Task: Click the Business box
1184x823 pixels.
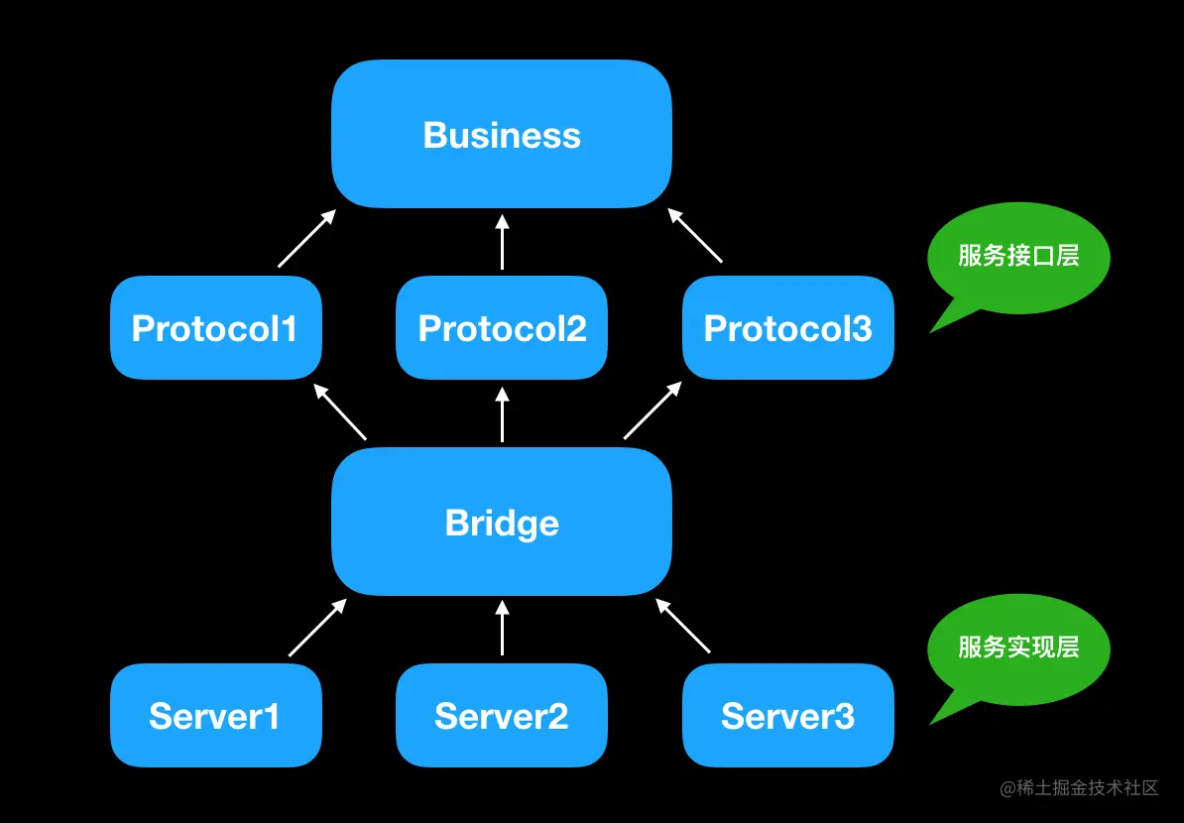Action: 502,134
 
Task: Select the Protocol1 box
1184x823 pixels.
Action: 216,327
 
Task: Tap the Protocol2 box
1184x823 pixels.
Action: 502,327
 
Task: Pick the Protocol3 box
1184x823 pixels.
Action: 788,327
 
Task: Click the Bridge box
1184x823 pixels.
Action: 502,521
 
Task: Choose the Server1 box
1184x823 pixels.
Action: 216,715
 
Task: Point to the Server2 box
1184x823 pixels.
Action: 502,715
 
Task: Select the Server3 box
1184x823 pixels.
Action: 788,715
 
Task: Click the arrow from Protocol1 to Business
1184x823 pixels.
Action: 306,239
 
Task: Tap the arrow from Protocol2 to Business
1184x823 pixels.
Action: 502,242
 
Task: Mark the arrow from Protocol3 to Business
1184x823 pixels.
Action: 695,236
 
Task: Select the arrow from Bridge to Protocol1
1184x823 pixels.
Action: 340,411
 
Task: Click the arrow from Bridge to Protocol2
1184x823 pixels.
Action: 502,414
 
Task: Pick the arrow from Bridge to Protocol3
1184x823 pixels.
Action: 652,410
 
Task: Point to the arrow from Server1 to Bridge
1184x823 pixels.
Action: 317,628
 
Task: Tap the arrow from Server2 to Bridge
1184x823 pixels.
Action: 502,628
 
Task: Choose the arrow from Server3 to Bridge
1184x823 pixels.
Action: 682,625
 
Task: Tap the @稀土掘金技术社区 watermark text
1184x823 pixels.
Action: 1079,788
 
